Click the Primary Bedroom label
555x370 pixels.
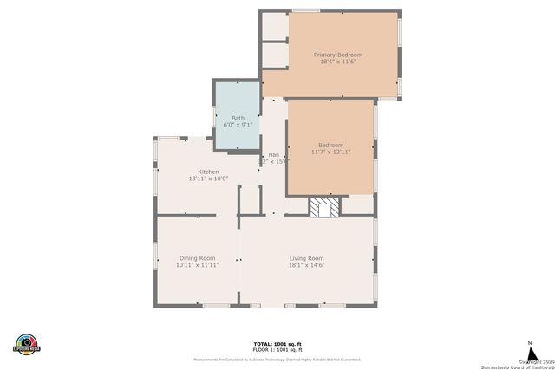tap(337, 55)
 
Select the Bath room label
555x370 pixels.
tap(238, 118)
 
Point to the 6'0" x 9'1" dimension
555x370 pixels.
tap(238, 126)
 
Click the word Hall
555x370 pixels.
tap(273, 154)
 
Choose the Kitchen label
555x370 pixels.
tap(208, 172)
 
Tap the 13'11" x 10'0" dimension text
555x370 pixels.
tap(208, 179)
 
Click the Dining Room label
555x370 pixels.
tap(197, 257)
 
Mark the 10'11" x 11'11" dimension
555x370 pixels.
tap(197, 265)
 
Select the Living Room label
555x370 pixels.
tap(306, 257)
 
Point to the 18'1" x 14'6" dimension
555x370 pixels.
tap(306, 265)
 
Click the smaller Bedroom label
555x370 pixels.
tap(330, 145)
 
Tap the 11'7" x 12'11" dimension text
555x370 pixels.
tap(330, 153)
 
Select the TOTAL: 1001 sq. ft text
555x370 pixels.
tap(277, 343)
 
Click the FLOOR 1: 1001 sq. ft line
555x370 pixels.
tap(277, 348)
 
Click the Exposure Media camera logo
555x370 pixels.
tap(27, 343)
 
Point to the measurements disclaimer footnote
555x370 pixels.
tap(277, 359)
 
